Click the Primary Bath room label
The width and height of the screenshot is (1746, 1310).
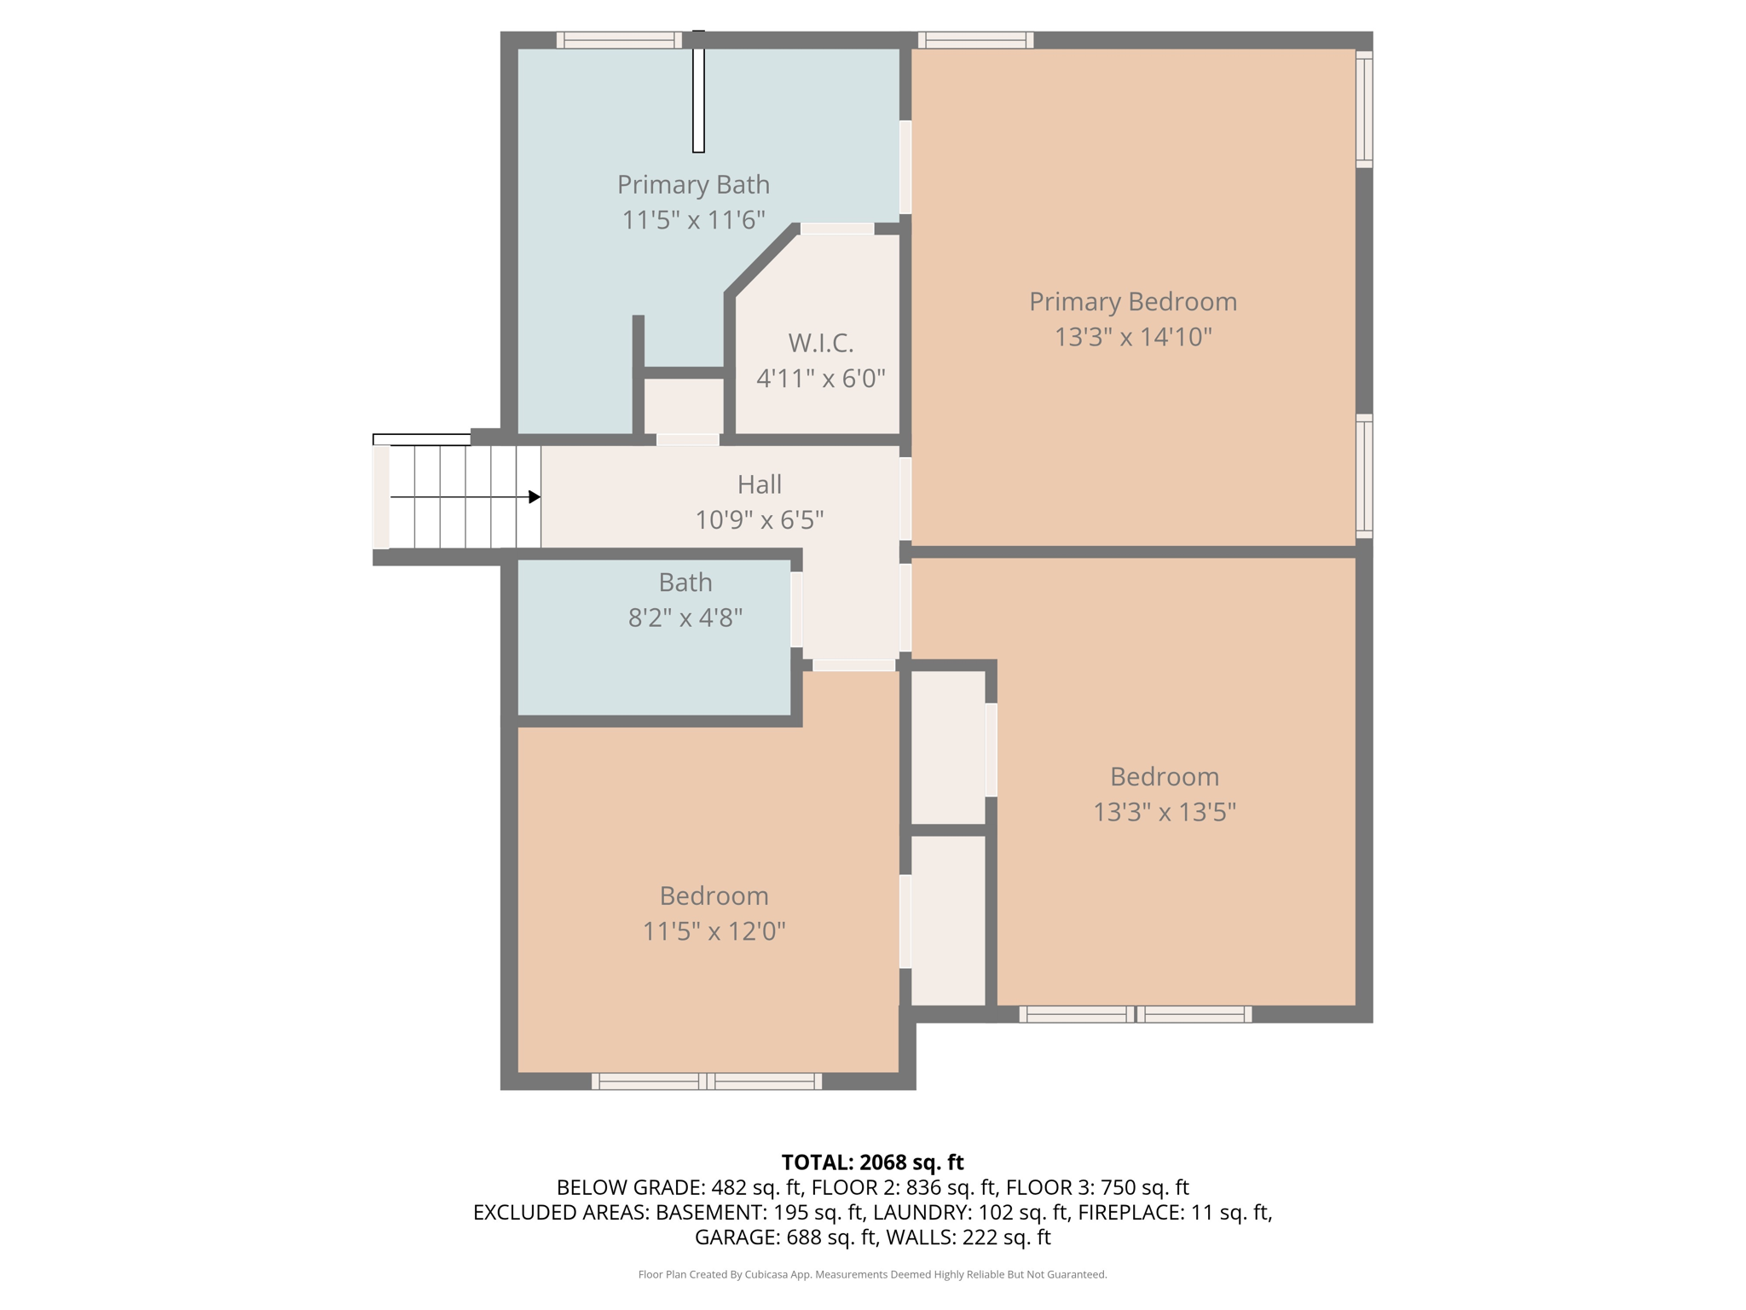coord(693,184)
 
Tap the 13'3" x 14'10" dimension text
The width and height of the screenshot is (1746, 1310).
coord(1132,337)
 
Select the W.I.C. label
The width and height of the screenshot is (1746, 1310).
coord(820,343)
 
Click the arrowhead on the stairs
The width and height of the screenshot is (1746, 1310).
coord(534,496)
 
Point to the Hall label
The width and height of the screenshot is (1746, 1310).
coord(759,484)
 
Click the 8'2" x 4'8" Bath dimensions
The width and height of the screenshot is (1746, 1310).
coord(685,617)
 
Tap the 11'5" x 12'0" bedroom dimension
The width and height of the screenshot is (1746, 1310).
coord(714,930)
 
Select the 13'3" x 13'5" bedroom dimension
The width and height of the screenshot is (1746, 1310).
coord(1164,811)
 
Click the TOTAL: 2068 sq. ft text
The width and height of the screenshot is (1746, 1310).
coord(872,1162)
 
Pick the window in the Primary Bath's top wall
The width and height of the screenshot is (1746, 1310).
coord(619,40)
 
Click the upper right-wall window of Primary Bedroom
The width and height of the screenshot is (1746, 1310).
coord(1364,109)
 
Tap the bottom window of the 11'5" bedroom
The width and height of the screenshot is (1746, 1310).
coord(707,1081)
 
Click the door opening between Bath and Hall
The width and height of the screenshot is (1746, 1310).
coord(796,609)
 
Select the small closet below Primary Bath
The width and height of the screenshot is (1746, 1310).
coord(684,405)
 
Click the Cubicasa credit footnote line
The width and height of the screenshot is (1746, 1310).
coord(872,1274)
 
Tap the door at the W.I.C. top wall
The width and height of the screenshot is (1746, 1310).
coord(836,229)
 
